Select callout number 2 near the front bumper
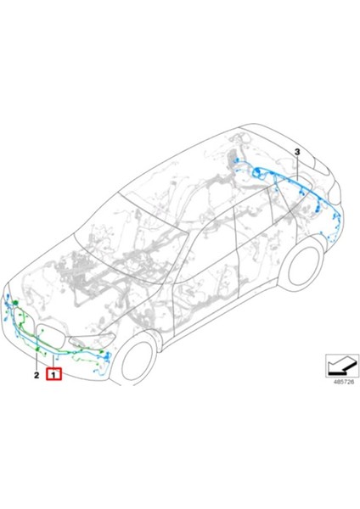[x=37, y=373]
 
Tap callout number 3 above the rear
[x=298, y=151]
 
